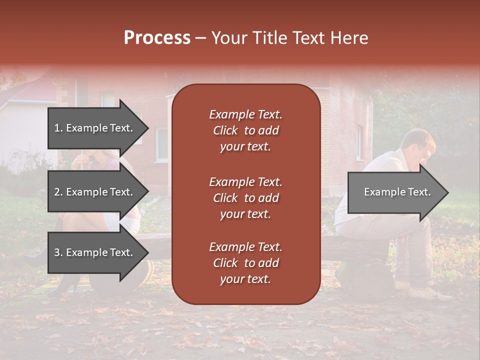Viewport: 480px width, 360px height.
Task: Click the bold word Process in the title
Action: (157, 37)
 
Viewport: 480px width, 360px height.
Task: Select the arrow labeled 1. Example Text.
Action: (93, 128)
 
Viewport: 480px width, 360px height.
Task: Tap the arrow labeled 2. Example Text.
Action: (93, 192)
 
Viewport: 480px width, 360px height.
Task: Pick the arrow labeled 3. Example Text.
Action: (93, 252)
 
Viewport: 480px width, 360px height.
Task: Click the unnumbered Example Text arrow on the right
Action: (397, 192)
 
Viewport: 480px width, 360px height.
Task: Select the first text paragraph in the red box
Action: (245, 130)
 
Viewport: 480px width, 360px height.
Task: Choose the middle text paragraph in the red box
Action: (245, 198)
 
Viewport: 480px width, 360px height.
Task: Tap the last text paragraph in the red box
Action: (245, 263)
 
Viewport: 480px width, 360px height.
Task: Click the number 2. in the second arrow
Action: (58, 192)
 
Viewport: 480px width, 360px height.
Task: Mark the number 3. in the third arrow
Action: (58, 252)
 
